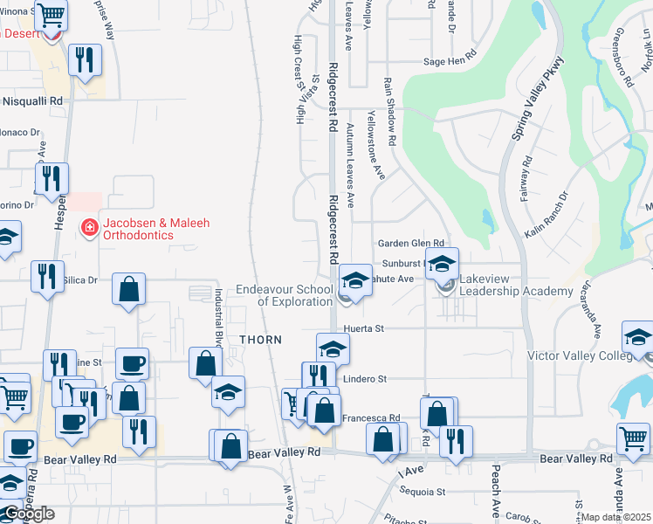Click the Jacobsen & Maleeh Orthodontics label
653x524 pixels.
click(x=155, y=229)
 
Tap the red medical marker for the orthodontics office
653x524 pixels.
click(x=88, y=229)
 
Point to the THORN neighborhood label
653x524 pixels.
click(x=260, y=340)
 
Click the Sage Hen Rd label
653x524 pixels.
click(x=449, y=61)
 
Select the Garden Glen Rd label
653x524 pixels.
click(x=410, y=244)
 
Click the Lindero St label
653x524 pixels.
click(x=365, y=379)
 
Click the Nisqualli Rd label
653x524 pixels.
click(x=33, y=101)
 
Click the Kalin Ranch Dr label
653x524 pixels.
click(x=546, y=215)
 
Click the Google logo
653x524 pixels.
click(x=28, y=514)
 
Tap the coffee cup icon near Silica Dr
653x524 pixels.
click(x=132, y=362)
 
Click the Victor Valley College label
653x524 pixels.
click(x=580, y=355)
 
